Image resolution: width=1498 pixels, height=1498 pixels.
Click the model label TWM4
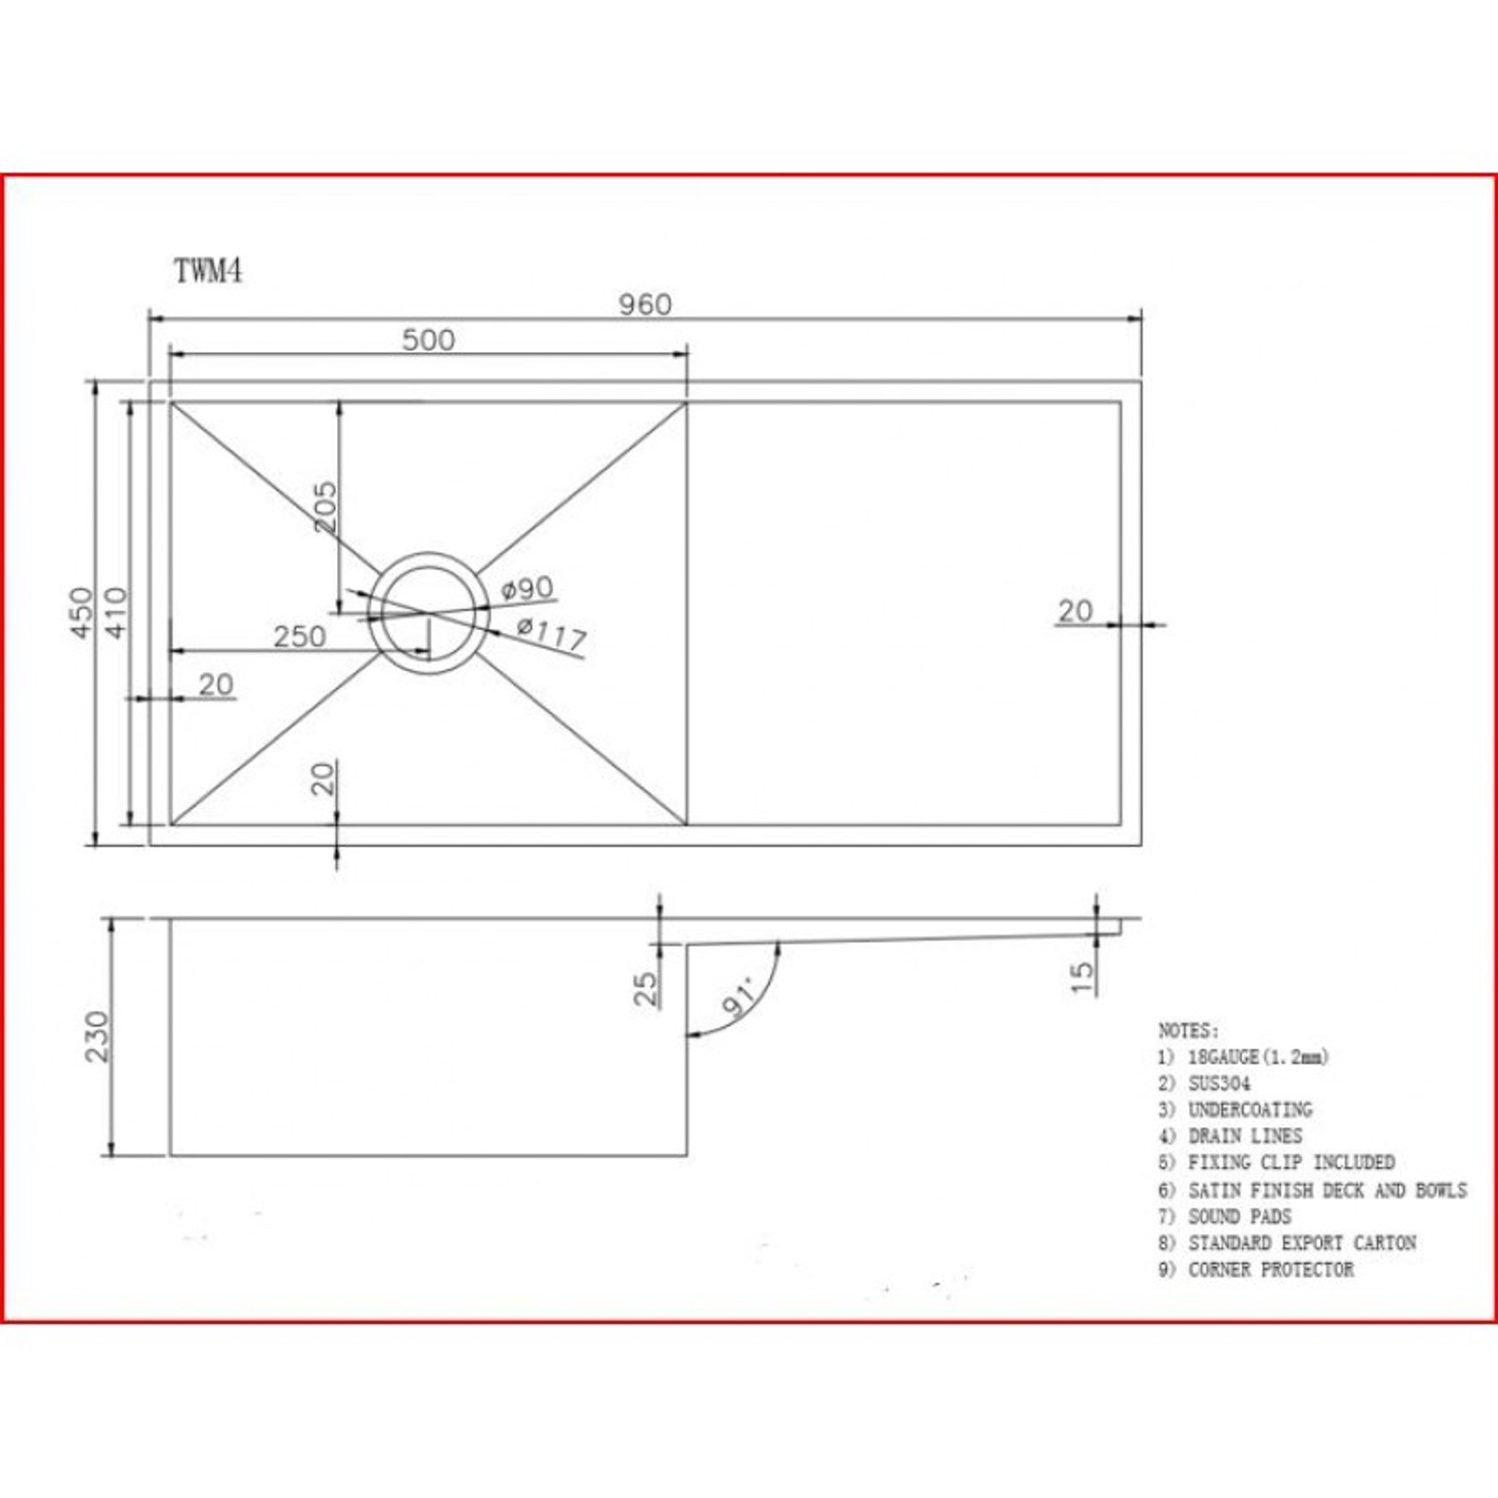click(x=207, y=271)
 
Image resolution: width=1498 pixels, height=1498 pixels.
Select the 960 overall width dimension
click(x=644, y=305)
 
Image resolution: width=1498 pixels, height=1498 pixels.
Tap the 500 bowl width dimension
click(x=428, y=340)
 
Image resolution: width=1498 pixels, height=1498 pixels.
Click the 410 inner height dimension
click(x=117, y=612)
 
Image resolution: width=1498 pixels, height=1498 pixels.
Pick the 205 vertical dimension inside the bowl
click(x=326, y=507)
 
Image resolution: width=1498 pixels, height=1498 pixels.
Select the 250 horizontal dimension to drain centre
click(x=299, y=636)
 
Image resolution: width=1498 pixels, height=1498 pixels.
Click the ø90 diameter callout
click(x=527, y=588)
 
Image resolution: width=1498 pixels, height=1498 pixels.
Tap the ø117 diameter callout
click(x=551, y=635)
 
